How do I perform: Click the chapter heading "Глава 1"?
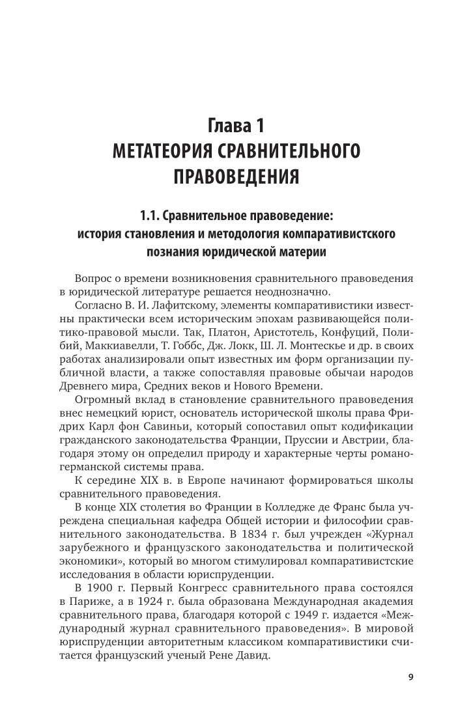point(236,124)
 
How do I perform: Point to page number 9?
point(410,677)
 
